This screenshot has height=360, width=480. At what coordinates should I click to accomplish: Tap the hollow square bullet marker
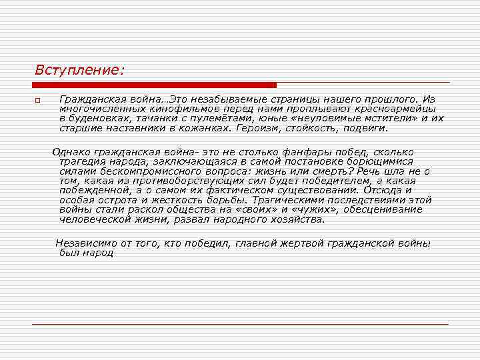click(38, 101)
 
